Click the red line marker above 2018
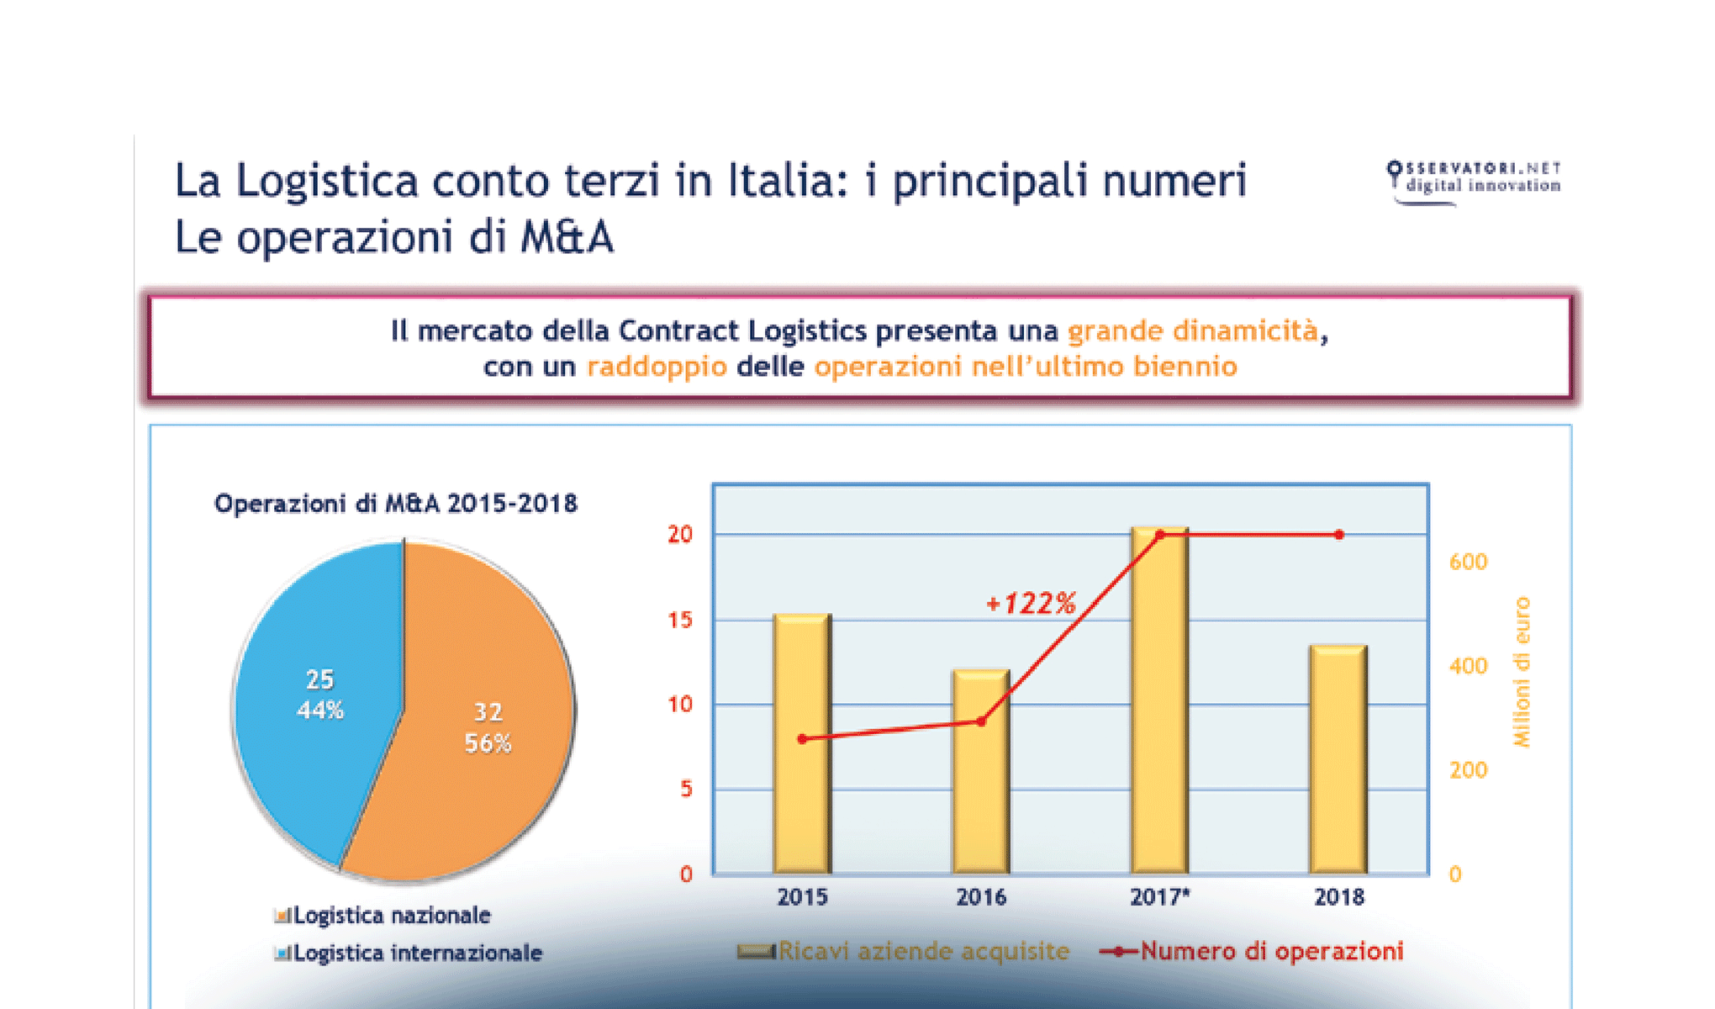(1339, 535)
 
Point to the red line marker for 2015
(802, 739)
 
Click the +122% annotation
(1031, 603)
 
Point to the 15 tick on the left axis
(680, 620)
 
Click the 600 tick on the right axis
(1468, 562)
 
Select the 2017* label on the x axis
(1159, 897)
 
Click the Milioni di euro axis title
(1522, 672)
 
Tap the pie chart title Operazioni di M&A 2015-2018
(396, 504)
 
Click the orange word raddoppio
(657, 367)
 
